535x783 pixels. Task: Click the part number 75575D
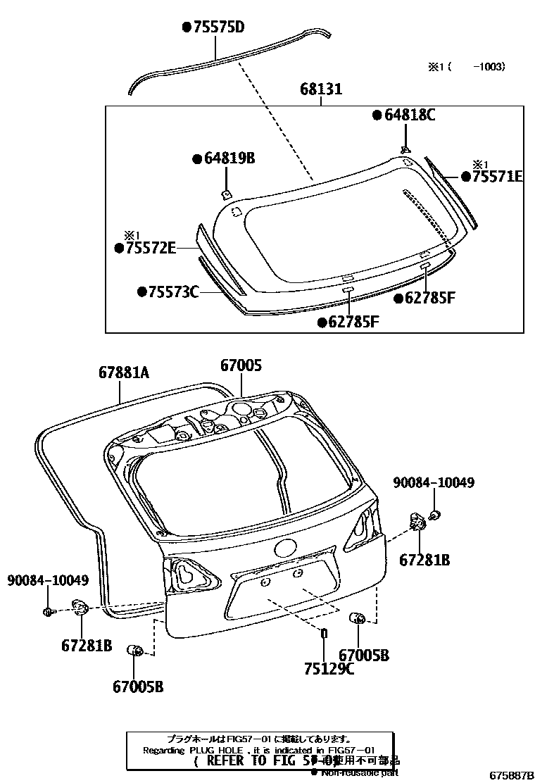pos(218,27)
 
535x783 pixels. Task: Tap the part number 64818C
pos(409,115)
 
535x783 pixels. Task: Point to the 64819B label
pos(227,159)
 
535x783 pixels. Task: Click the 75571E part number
pos(496,177)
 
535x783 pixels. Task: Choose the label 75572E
pos(150,247)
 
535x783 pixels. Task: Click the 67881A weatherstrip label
pos(123,373)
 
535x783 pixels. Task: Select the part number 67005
pos(241,365)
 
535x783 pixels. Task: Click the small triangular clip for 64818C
pos(405,149)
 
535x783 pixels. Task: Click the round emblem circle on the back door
pos(285,548)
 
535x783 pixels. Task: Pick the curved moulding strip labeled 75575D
pos(225,60)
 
